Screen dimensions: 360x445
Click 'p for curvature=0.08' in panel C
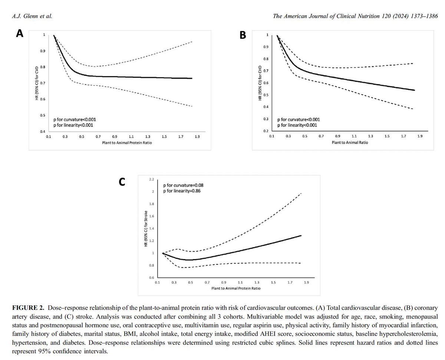tap(183, 184)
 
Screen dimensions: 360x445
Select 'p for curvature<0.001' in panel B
tap(299, 120)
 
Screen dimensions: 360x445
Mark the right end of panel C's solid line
tap(301, 236)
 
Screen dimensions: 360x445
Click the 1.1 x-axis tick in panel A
tap(131, 137)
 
